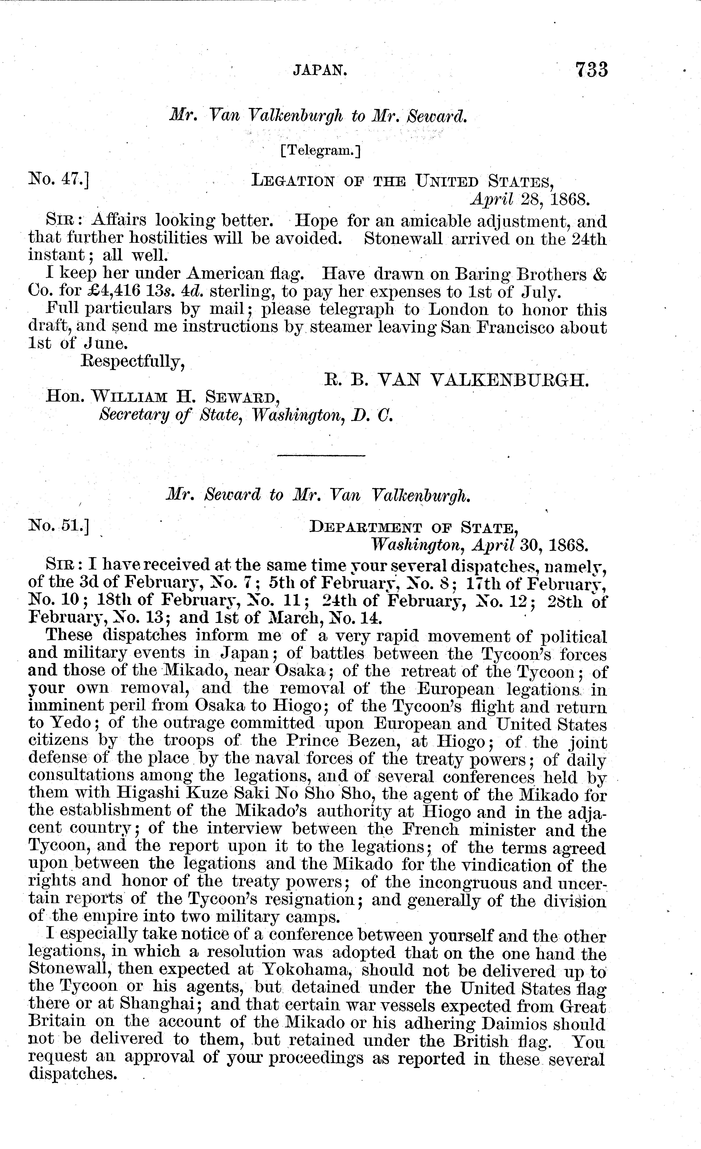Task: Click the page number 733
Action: point(591,70)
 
